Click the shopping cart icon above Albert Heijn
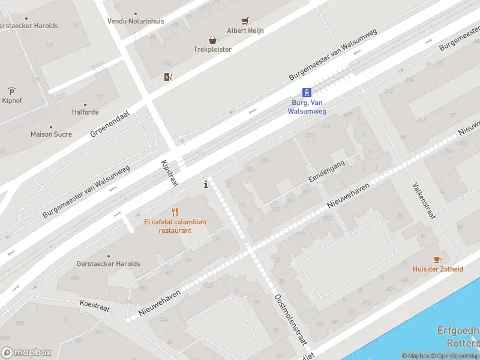pyautogui.click(x=245, y=21)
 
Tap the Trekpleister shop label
pyautogui.click(x=212, y=49)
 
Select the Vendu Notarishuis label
pyautogui.click(x=136, y=21)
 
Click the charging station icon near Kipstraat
pyautogui.click(x=168, y=76)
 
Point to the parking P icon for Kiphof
pyautogui.click(x=11, y=91)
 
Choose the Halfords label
pyautogui.click(x=85, y=112)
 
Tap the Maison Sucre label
pyautogui.click(x=51, y=134)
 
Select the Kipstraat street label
pyautogui.click(x=170, y=174)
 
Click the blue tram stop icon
pyautogui.click(x=307, y=92)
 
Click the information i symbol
pyautogui.click(x=206, y=184)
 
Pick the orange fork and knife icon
pyautogui.click(x=175, y=212)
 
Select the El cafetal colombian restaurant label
pyautogui.click(x=175, y=226)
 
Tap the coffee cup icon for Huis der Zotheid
pyautogui.click(x=437, y=259)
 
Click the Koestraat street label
pyautogui.click(x=95, y=305)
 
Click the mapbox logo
pyautogui.click(x=26, y=353)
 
